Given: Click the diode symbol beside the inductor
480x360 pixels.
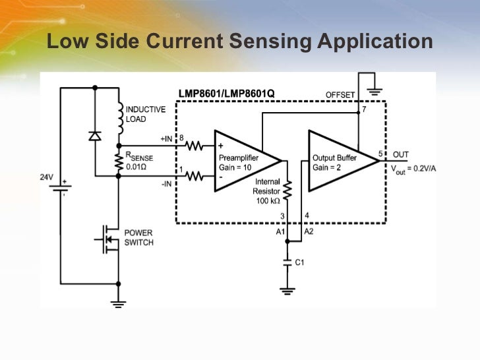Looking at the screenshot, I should (x=95, y=136).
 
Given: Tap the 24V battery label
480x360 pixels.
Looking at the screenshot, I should (x=46, y=177).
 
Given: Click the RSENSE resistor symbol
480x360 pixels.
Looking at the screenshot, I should (x=119, y=162).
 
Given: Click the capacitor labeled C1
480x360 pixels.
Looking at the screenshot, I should (x=287, y=262).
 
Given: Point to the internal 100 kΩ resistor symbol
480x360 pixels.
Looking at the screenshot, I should (x=287, y=191).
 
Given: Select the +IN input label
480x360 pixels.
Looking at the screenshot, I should (x=167, y=139).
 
